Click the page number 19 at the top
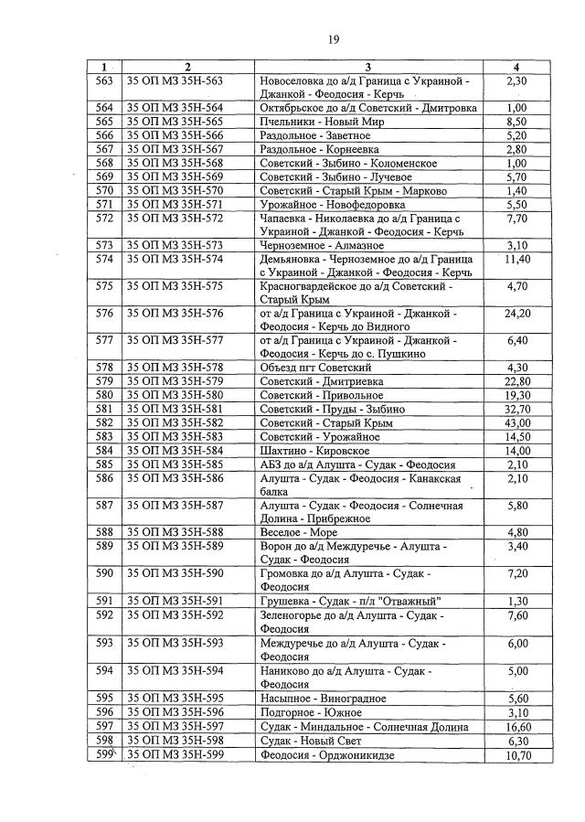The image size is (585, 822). click(x=334, y=39)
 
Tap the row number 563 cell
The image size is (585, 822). click(x=104, y=81)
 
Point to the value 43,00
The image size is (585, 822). click(x=517, y=423)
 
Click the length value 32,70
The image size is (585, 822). click(x=517, y=410)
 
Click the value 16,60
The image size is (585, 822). click(x=517, y=726)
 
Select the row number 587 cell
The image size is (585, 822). click(x=104, y=505)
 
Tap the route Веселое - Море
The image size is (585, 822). click(x=299, y=532)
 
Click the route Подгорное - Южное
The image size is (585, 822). click(x=311, y=712)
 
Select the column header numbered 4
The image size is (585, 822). click(x=517, y=67)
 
